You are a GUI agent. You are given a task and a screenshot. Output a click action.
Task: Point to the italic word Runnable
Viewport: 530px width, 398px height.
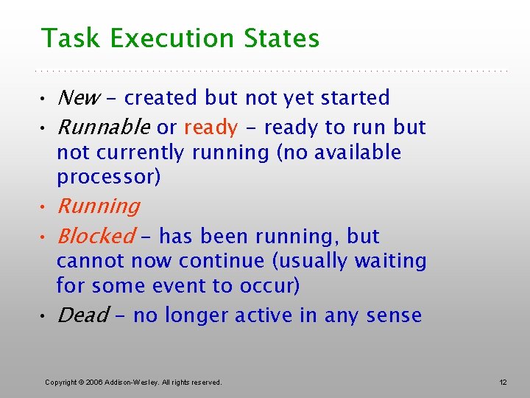[x=103, y=128]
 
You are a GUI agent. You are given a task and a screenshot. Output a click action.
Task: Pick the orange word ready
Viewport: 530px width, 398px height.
[x=211, y=128]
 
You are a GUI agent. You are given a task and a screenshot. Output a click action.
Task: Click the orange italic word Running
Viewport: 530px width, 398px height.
[x=98, y=206]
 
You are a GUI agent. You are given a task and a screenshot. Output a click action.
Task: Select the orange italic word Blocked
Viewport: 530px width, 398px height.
[x=96, y=237]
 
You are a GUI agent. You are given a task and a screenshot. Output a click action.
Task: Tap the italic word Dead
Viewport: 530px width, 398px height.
[x=82, y=315]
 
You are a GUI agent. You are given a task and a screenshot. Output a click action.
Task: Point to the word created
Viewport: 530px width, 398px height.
[x=161, y=98]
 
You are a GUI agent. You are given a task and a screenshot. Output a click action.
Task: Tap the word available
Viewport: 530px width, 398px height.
[x=358, y=153]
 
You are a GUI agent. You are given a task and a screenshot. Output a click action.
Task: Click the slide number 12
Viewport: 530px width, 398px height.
[x=503, y=382]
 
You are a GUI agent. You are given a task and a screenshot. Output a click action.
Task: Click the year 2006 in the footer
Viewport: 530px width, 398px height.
[x=94, y=382]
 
